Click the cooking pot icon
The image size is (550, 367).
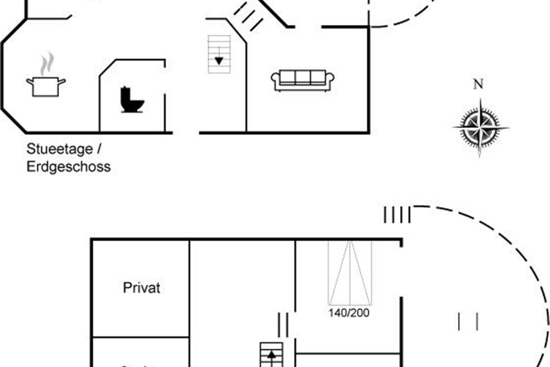[45, 87]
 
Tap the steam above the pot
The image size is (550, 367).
[46, 64]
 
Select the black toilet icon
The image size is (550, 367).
[132, 100]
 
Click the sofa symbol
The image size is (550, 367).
[303, 81]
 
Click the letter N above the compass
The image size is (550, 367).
[478, 84]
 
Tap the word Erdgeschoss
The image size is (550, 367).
[69, 166]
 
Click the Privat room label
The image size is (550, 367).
[142, 288]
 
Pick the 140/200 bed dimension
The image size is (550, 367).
[349, 313]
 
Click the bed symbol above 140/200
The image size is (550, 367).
[349, 272]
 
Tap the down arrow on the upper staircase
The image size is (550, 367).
[219, 60]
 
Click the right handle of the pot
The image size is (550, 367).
[61, 82]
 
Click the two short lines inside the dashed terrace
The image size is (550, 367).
[468, 321]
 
